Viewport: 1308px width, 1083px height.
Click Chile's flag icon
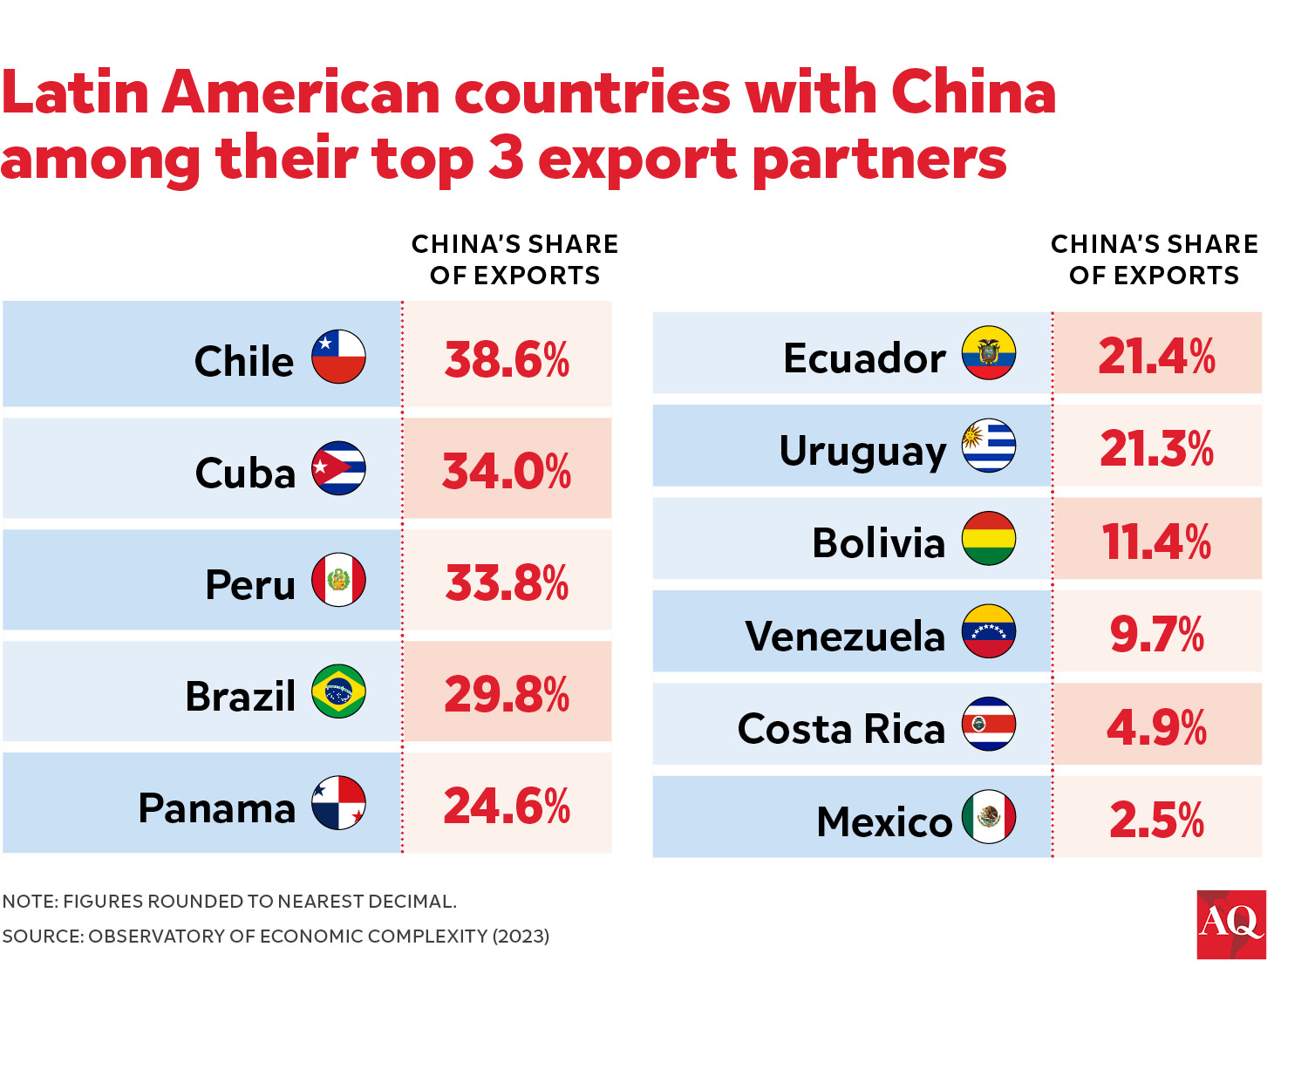pyautogui.click(x=338, y=357)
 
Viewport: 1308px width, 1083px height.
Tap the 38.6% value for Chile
pyautogui.click(x=507, y=359)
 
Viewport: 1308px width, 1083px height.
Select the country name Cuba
pyautogui.click(x=245, y=473)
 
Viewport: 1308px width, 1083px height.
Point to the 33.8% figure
pyautogui.click(x=507, y=583)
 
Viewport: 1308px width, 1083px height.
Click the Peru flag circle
pyautogui.click(x=338, y=580)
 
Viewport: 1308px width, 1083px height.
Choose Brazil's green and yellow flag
pyautogui.click(x=338, y=691)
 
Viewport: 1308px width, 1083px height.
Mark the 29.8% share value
pyautogui.click(x=507, y=695)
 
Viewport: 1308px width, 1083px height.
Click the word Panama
pyautogui.click(x=217, y=808)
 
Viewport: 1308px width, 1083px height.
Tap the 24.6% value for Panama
pyautogui.click(x=507, y=806)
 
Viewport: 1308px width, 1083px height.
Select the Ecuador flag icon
pyautogui.click(x=988, y=353)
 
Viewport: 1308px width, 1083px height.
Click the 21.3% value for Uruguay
pyautogui.click(x=1156, y=449)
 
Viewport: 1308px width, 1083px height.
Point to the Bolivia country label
pyautogui.click(x=878, y=543)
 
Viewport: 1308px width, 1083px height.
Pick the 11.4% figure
pyautogui.click(x=1156, y=541)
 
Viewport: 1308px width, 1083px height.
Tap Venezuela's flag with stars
pyautogui.click(x=988, y=631)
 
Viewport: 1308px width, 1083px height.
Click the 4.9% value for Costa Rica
pyautogui.click(x=1156, y=727)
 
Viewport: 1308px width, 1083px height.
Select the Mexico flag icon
pyautogui.click(x=988, y=817)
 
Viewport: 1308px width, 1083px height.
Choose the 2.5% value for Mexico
pyautogui.click(x=1156, y=821)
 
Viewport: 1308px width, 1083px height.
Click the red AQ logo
pyautogui.click(x=1230, y=924)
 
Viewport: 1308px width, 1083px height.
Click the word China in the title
pyautogui.click(x=973, y=92)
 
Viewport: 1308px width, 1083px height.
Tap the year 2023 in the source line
pyautogui.click(x=521, y=937)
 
